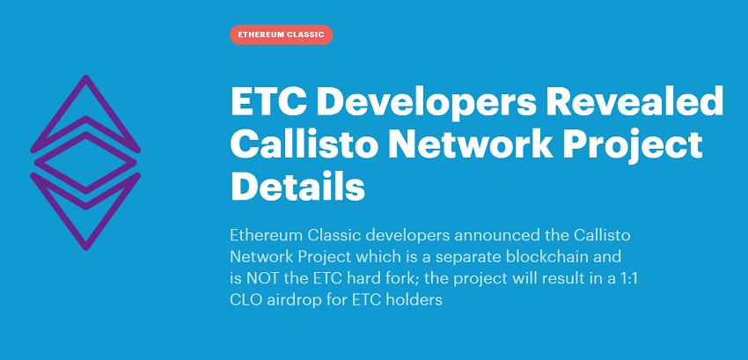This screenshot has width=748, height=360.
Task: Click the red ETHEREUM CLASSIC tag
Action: (281, 35)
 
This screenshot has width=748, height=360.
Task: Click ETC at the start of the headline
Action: (268, 100)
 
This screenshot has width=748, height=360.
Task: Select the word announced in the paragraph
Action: (494, 235)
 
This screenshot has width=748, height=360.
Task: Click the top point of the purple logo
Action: (86, 77)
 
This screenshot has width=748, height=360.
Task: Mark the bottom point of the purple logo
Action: (86, 248)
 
